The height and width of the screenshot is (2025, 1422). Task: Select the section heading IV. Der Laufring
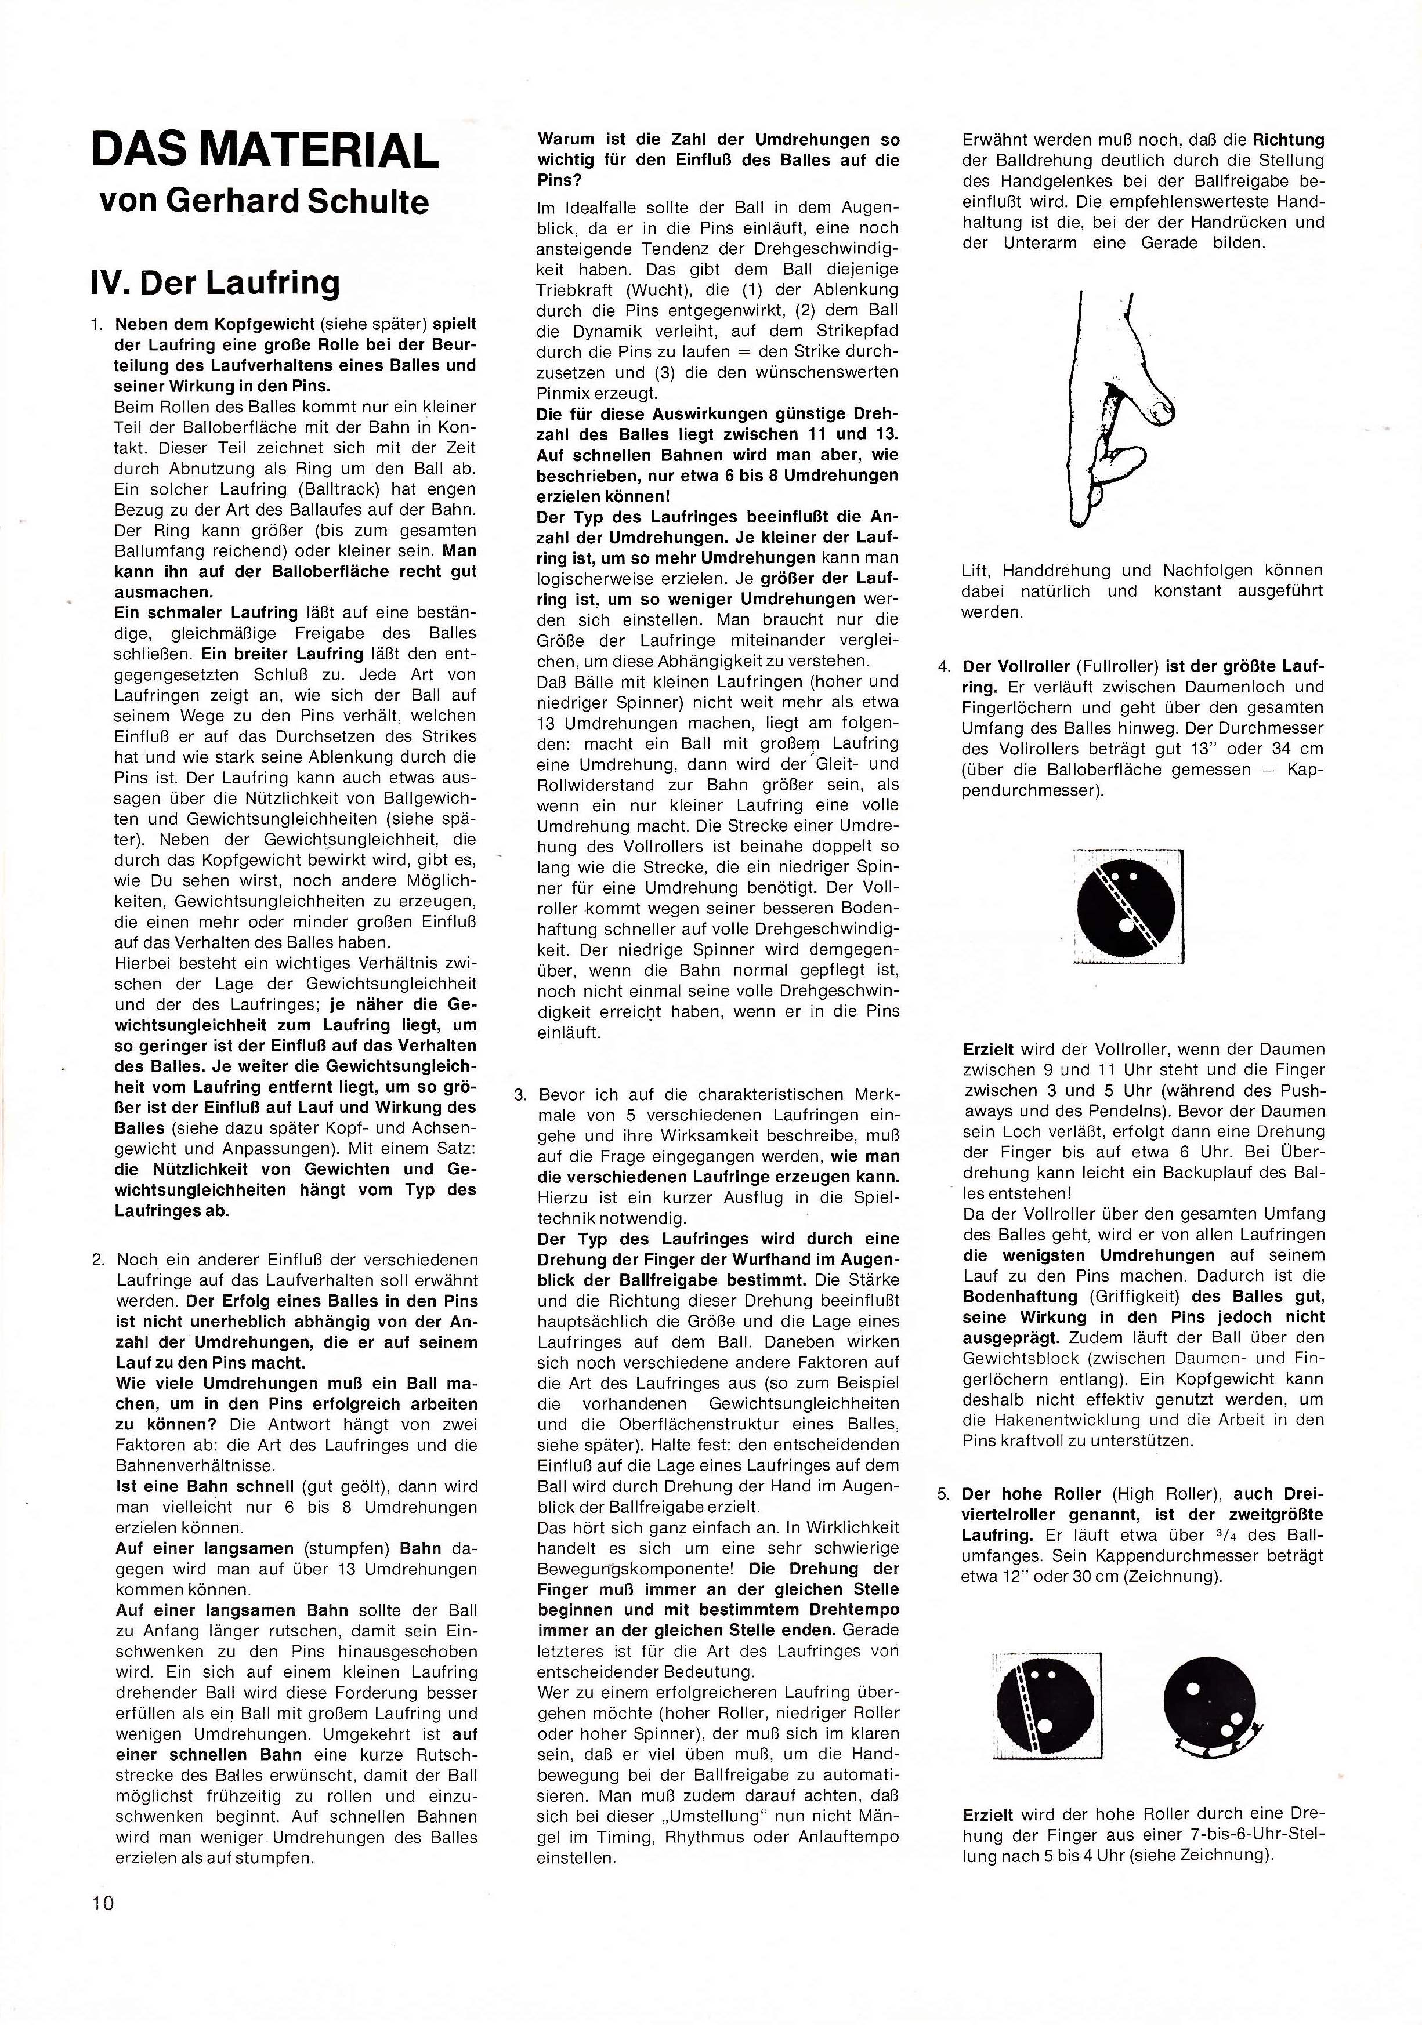point(215,283)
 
